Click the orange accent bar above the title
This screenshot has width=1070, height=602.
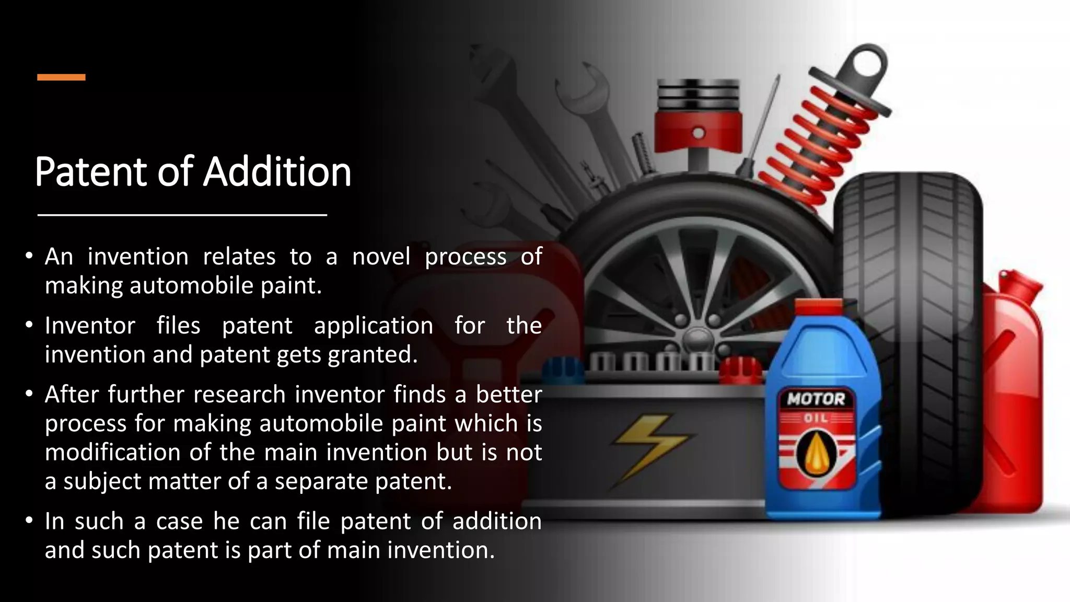(x=61, y=77)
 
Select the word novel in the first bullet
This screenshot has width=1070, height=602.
(x=381, y=257)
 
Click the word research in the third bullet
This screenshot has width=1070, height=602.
(x=239, y=395)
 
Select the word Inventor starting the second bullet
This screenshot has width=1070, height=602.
(x=90, y=326)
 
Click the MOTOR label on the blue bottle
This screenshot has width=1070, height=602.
(x=816, y=399)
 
